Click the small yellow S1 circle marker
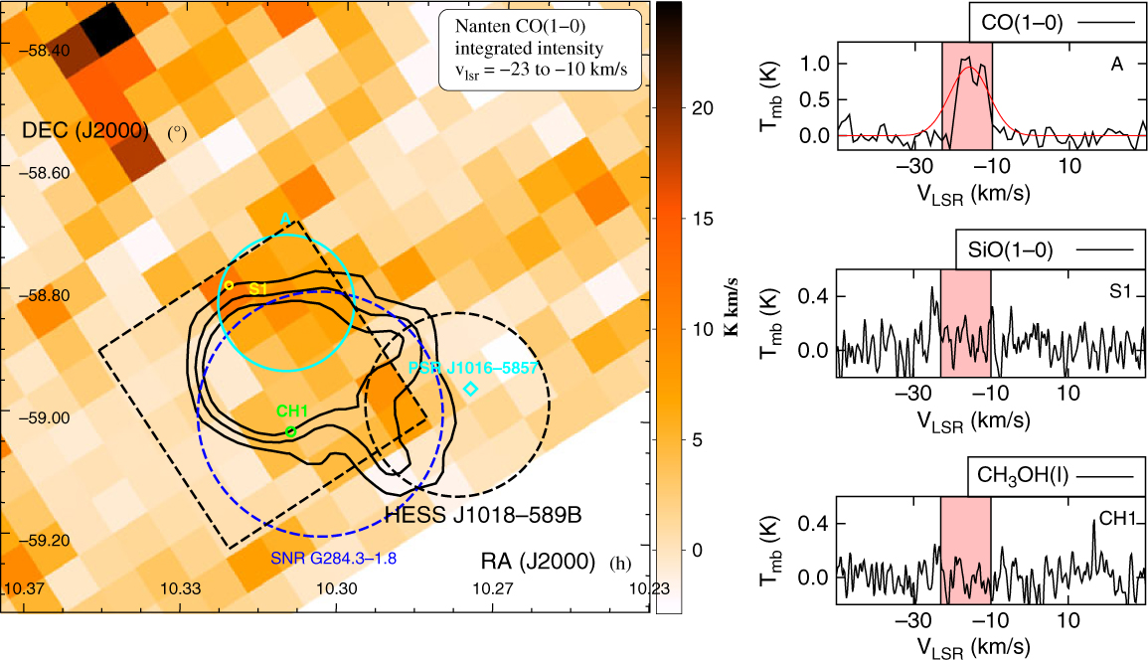(x=229, y=285)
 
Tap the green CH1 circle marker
(x=290, y=431)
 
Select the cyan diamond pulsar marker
(x=471, y=388)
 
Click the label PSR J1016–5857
(x=473, y=368)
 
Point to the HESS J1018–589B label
(x=482, y=516)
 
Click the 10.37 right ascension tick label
(x=24, y=589)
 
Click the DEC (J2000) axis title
(x=84, y=130)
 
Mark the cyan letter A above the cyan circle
(x=284, y=217)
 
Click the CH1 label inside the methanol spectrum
(x=1116, y=517)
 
